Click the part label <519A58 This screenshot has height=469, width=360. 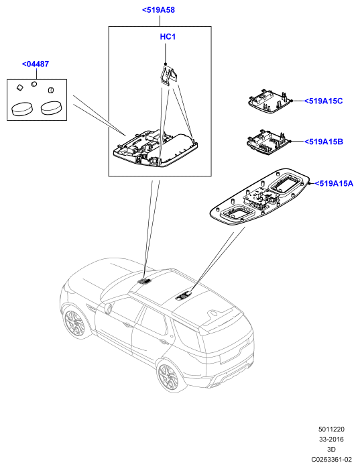(158, 10)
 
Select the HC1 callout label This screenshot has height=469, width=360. (168, 37)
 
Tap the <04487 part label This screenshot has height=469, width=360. (36, 64)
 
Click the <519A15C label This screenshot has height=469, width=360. (323, 101)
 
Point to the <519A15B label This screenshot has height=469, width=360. (324, 142)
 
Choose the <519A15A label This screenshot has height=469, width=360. (334, 184)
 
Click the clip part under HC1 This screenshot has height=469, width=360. (168, 74)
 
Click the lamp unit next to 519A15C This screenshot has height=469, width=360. (269, 101)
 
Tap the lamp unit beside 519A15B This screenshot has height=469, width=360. (268, 142)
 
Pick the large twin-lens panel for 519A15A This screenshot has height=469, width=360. (260, 197)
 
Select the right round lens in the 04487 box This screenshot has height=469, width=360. (51, 108)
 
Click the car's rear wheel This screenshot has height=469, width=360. (170, 376)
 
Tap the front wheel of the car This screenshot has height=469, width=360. (74, 323)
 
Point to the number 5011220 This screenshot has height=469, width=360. (331, 429)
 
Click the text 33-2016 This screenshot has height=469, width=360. (331, 439)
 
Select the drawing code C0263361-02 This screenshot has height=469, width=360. (331, 460)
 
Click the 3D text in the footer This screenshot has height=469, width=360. (331, 450)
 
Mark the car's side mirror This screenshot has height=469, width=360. (108, 309)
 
